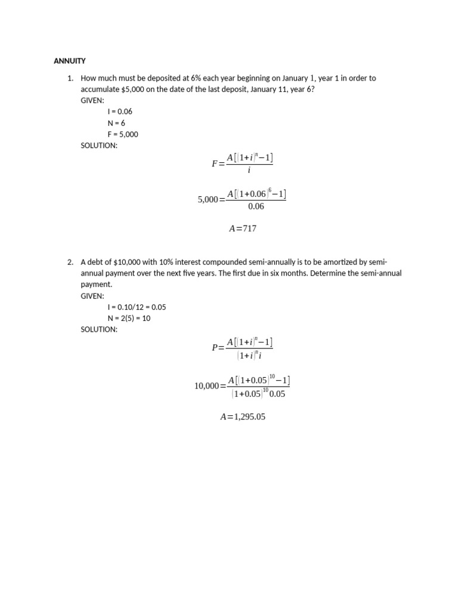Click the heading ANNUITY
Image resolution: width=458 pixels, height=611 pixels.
point(70,61)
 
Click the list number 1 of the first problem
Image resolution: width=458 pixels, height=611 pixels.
point(69,78)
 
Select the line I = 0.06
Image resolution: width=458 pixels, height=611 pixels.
point(120,112)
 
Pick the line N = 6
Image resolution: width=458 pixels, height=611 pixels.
point(116,123)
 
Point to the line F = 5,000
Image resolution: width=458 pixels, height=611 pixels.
point(123,134)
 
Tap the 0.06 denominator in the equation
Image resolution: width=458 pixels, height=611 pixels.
point(256,206)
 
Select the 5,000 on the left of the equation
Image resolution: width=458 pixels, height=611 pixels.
point(208,200)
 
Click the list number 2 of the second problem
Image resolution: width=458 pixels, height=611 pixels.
point(69,262)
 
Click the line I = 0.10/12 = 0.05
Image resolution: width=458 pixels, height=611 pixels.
point(137,307)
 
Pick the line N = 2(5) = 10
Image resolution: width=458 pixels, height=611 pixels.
point(129,318)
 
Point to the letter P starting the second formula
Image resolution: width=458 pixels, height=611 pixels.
point(215,348)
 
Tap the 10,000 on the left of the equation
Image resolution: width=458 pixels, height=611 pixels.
point(206,386)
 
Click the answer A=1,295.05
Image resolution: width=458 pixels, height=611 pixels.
point(243,417)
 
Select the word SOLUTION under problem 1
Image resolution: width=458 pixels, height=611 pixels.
point(99,146)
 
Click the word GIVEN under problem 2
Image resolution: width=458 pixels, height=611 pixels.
point(92,296)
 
